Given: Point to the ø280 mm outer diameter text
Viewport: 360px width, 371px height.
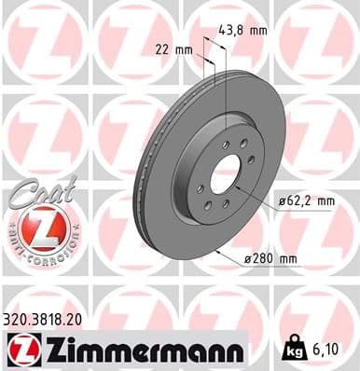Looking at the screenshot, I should (x=278, y=258).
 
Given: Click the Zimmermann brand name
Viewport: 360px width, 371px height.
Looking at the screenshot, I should (x=140, y=350).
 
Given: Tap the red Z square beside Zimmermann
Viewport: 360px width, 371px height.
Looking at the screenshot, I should (x=19, y=350).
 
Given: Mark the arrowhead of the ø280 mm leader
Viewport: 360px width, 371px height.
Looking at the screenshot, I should (x=217, y=251).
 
